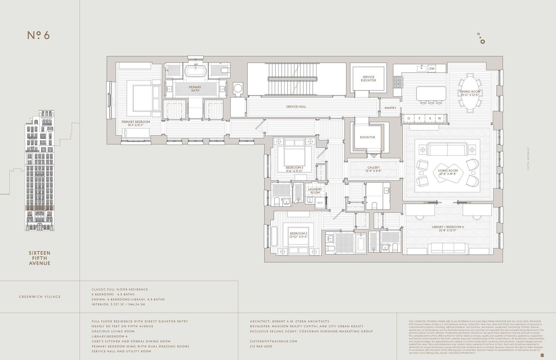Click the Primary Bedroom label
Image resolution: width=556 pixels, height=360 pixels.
136,122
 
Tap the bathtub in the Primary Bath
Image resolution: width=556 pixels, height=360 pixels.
195,70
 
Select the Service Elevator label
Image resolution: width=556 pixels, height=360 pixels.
368,79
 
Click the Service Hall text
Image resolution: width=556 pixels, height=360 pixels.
296,107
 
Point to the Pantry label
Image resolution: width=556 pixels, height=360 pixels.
390,108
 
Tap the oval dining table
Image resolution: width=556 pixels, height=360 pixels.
470,93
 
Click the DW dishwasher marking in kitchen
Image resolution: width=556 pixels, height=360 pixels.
432,69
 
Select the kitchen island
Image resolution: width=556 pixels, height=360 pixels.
431,93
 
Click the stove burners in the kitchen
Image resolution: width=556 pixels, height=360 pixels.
398,82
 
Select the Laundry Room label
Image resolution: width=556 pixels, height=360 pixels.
315,191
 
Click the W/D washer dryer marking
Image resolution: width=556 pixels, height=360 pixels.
320,203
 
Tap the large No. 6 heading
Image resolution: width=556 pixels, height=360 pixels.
39,35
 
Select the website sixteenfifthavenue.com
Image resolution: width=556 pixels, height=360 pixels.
274,341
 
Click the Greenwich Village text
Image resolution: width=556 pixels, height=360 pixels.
40,297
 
